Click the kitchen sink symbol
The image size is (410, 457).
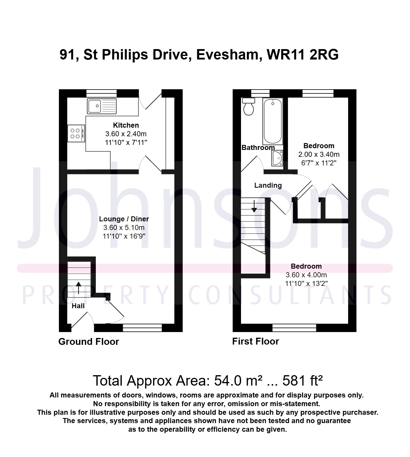pyautogui.click(x=102, y=106)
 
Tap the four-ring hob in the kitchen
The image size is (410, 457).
pyautogui.click(x=76, y=133)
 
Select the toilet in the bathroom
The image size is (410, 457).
pyautogui.click(x=248, y=107)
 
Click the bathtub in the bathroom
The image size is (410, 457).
pyautogui.click(x=273, y=121)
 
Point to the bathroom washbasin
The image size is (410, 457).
pyautogui.click(x=277, y=158)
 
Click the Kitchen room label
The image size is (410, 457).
pyautogui.click(x=126, y=125)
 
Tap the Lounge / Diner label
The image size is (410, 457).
pyautogui.click(x=124, y=219)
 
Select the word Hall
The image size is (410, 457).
pyautogui.click(x=78, y=306)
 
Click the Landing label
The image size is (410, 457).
pyautogui.click(x=268, y=185)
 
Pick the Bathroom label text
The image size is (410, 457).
pyautogui.click(x=258, y=148)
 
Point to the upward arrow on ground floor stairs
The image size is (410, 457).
pyautogui.click(x=79, y=288)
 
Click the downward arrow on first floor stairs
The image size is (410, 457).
pyautogui.click(x=254, y=206)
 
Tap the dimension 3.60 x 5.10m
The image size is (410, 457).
pyautogui.click(x=124, y=228)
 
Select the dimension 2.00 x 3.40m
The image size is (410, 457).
pyautogui.click(x=319, y=154)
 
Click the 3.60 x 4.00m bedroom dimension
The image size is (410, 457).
pyautogui.click(x=306, y=275)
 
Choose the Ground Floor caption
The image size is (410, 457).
pyautogui.click(x=89, y=342)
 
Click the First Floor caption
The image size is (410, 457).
pyautogui.click(x=256, y=342)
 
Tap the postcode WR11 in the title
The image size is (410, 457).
pyautogui.click(x=286, y=54)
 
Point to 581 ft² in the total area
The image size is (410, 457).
pyautogui.click(x=303, y=381)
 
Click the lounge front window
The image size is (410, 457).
pyautogui.click(x=143, y=328)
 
